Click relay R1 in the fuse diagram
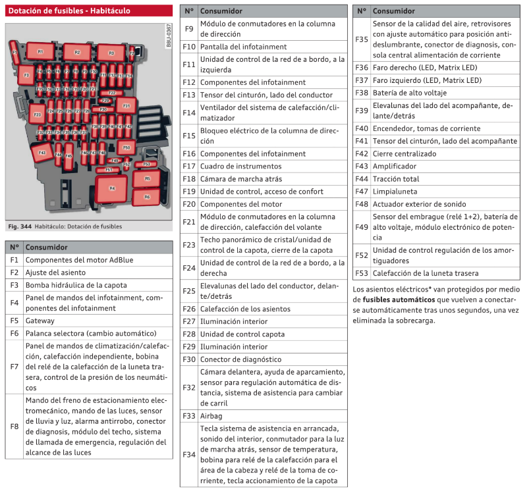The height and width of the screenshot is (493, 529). (40, 51)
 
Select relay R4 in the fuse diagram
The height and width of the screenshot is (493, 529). (112, 188)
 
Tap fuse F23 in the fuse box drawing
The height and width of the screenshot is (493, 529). (38, 115)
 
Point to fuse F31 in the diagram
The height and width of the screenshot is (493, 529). (126, 105)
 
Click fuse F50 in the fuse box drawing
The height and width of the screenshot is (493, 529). (127, 147)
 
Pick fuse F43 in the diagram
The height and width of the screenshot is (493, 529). (42, 153)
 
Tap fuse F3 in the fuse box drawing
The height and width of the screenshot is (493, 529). (26, 76)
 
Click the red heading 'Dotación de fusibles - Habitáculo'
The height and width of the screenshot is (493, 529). (69, 11)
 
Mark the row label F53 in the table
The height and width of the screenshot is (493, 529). (362, 273)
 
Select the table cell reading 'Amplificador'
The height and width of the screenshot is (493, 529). (395, 167)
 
